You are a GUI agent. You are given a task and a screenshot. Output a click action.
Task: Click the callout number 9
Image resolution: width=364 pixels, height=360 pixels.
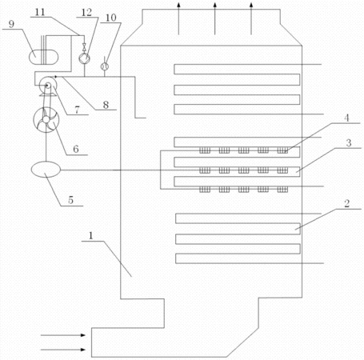[x=11, y=24]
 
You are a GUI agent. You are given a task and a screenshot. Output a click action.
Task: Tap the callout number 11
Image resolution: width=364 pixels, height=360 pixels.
[x=40, y=12]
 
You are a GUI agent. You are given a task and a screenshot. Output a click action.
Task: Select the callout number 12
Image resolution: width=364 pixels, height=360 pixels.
[x=86, y=12]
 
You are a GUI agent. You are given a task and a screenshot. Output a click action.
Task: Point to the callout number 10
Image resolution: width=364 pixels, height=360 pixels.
[x=111, y=18]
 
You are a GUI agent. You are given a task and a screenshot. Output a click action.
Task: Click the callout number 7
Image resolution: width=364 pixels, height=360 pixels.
[x=78, y=110]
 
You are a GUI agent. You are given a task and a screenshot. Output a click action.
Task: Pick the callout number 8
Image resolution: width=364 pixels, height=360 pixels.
[x=106, y=105]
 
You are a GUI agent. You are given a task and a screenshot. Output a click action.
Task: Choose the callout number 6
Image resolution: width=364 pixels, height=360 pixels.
[x=76, y=149]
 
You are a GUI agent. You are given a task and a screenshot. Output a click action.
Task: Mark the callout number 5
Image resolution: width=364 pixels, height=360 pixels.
[x=70, y=200]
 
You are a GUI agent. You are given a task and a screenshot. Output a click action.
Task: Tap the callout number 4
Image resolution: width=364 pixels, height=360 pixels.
[x=346, y=118]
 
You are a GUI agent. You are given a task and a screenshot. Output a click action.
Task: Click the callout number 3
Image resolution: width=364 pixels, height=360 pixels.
[x=349, y=143]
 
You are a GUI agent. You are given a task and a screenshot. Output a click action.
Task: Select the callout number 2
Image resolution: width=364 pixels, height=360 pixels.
[x=346, y=204]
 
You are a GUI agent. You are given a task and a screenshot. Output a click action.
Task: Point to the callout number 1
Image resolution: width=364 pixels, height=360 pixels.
[x=91, y=236]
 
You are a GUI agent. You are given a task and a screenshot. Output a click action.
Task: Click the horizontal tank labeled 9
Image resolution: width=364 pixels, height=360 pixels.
[x=43, y=57]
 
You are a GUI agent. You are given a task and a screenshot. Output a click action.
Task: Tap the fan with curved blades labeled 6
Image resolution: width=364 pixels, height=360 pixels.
[x=46, y=120]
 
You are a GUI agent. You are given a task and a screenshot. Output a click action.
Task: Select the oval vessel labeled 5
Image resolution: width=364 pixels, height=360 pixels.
[x=46, y=170]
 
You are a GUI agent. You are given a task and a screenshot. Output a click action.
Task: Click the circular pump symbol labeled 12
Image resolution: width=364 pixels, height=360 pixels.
[x=84, y=58]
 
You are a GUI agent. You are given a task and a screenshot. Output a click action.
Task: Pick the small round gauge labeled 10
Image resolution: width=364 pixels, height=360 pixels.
[x=104, y=66]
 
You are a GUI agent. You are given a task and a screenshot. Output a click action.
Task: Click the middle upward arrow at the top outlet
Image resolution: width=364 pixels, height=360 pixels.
[x=215, y=18]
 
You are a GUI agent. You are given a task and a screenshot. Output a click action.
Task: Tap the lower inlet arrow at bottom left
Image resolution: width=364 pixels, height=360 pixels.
[x=63, y=350]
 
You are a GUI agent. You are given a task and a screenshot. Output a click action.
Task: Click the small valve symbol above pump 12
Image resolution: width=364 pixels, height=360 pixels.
[x=84, y=47]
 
